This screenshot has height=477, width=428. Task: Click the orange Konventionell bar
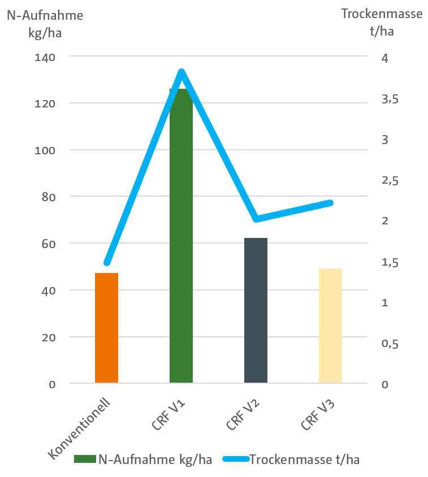[106, 328]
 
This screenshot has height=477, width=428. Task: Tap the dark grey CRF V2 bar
[256, 311]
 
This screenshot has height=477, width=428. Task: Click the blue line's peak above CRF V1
[181, 72]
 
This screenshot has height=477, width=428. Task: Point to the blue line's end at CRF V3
[330, 203]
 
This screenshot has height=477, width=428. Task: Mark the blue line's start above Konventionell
[107, 263]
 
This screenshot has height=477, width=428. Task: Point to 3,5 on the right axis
[390, 99]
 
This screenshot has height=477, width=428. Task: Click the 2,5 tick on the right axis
[390, 181]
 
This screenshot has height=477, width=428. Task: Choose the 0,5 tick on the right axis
[390, 344]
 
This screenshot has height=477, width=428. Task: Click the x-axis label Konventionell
[79, 427]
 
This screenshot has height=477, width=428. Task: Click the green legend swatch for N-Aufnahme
[85, 459]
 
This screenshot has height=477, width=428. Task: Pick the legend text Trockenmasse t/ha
[304, 459]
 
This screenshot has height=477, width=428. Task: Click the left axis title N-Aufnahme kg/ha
[45, 23]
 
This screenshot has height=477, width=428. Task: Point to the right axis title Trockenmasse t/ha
[382, 22]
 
